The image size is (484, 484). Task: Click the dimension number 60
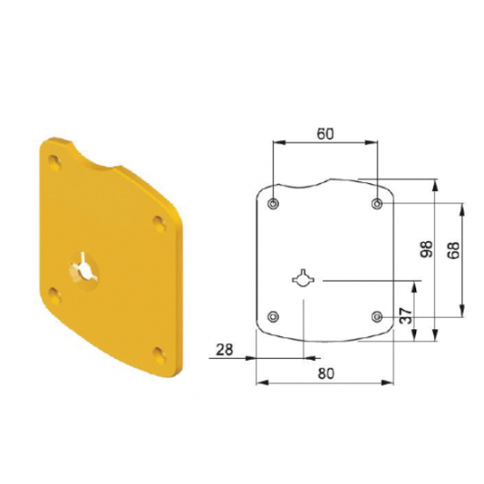326,134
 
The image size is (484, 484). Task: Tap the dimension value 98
427,249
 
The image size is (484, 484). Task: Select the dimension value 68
453,250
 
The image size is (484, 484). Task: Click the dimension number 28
224,350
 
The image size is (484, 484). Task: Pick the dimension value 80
326,374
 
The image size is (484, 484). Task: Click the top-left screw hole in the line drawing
273,203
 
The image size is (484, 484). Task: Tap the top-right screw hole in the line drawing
377,203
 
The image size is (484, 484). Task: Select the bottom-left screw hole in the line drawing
273,317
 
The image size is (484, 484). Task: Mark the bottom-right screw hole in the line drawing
377,317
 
